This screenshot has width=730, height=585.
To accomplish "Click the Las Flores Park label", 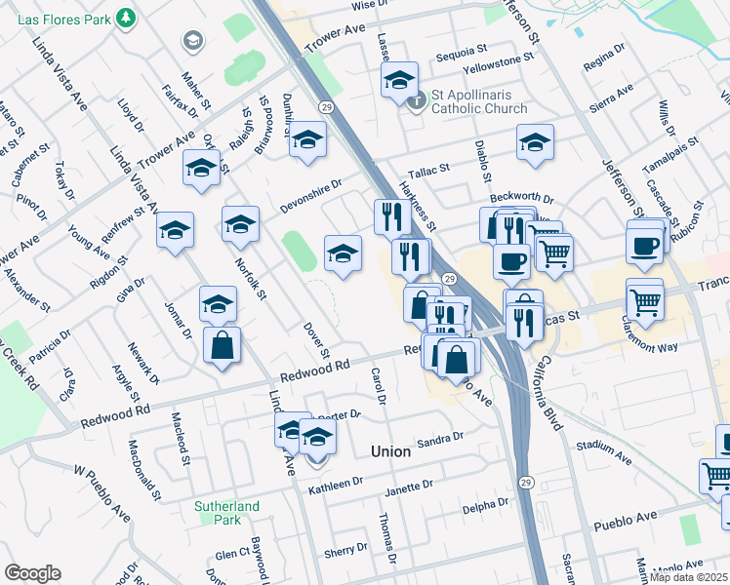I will tap(55, 18).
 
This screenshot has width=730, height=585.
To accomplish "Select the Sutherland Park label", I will tap(226, 513).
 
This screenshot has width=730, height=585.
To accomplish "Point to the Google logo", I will tap(32, 573).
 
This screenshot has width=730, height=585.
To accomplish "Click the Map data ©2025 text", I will tap(689, 577).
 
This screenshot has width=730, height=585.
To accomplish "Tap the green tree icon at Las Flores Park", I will tap(125, 18).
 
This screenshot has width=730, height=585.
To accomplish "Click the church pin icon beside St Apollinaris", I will tap(418, 99).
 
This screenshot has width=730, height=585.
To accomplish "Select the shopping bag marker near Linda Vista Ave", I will tap(223, 345).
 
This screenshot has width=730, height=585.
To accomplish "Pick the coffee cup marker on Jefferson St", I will tap(645, 246).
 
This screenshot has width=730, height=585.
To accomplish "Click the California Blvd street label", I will tap(547, 385).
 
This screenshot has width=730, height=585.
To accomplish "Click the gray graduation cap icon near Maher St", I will tap(192, 41).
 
